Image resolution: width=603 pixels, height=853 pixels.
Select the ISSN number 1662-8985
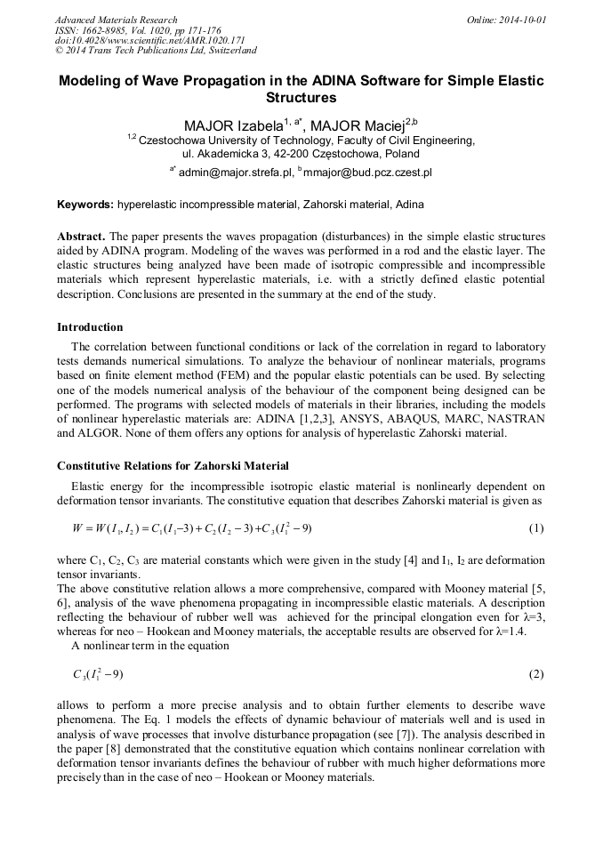(108, 30)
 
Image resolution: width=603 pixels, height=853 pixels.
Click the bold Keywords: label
(85, 205)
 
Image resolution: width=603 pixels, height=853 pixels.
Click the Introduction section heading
(90, 327)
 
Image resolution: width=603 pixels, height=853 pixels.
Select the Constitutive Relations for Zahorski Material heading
(173, 465)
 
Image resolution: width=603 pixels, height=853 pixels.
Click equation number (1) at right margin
(536, 528)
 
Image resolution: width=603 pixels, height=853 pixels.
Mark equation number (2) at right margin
(536, 674)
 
